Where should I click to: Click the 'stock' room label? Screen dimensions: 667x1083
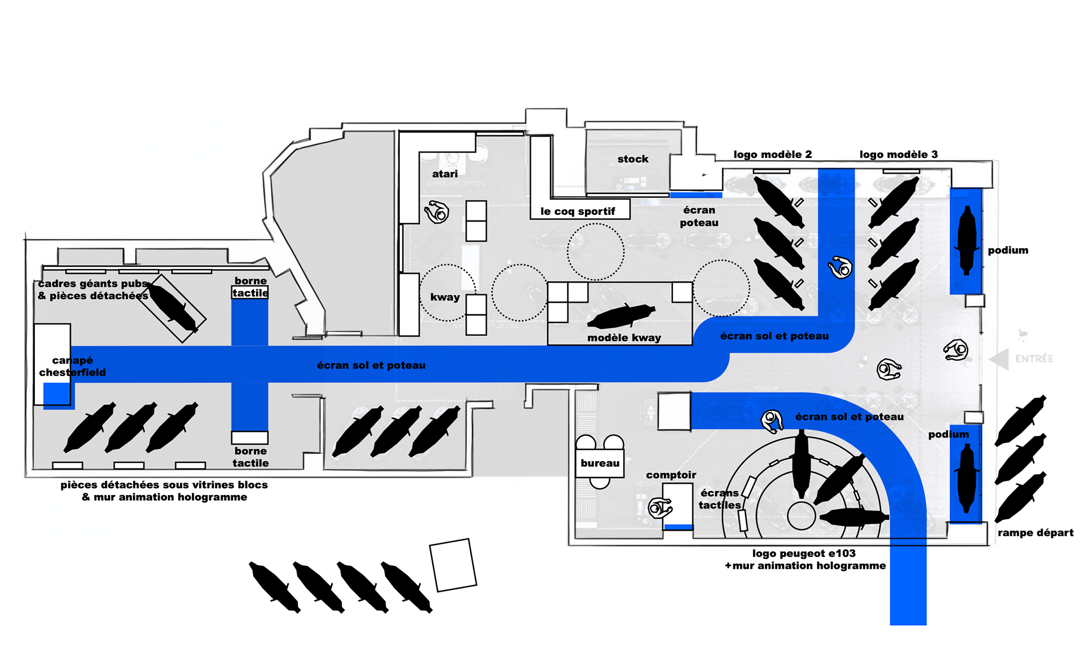point(633,159)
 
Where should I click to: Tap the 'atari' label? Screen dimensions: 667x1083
point(444,174)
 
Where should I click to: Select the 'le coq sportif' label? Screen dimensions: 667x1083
point(578,211)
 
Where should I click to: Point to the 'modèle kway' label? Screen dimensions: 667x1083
point(624,338)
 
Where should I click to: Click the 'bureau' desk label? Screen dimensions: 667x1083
point(600,463)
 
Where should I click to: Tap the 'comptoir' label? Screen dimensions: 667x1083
point(671,475)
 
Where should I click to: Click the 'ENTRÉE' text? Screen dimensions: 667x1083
point(1034,359)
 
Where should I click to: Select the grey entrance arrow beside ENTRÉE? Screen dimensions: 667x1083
point(1000,359)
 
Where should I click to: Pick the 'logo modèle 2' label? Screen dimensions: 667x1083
point(772,154)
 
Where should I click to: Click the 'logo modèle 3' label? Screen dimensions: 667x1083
point(898,154)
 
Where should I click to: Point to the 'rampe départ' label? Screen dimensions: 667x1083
point(1035,533)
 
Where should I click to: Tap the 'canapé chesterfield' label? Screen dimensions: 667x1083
point(72,366)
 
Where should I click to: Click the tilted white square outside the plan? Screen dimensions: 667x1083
point(453,565)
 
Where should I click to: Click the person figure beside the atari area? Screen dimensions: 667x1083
point(437,212)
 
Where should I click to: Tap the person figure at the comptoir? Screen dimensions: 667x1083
point(659,508)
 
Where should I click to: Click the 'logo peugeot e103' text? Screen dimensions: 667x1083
point(804,554)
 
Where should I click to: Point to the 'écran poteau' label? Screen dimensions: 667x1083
point(699,217)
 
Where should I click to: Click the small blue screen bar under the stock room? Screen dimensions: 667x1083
point(695,195)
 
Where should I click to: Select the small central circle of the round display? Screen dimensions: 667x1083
point(801,515)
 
